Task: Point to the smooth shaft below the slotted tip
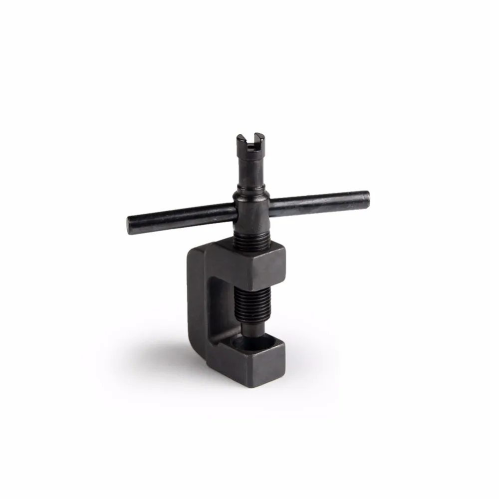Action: pos(250,167)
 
